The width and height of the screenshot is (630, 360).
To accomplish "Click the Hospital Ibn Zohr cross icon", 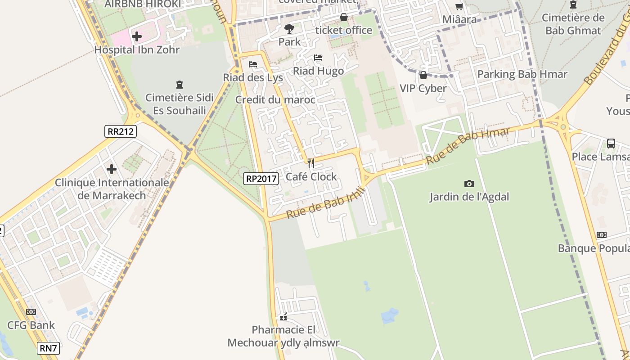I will click(x=137, y=36).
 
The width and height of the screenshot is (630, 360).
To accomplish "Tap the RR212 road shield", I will click(x=121, y=131).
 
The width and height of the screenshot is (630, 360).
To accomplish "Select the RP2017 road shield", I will click(x=261, y=179).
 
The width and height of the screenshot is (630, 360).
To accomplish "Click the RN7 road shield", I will click(x=48, y=348).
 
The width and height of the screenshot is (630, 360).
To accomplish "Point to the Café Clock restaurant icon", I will click(x=310, y=163).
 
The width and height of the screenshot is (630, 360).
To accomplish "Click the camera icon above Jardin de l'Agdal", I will click(x=469, y=184).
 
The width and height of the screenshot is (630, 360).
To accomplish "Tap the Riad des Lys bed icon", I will click(x=253, y=64).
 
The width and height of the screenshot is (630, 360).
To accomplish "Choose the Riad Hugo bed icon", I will click(x=318, y=58).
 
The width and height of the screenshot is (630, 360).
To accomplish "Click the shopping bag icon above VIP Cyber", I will click(x=423, y=75).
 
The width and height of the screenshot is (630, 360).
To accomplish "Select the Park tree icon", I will click(x=289, y=29).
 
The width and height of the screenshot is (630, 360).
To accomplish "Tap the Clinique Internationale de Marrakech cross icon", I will click(x=112, y=169).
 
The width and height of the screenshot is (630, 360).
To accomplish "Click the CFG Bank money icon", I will click(x=31, y=312).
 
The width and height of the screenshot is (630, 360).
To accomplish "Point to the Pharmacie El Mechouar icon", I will click(x=283, y=317).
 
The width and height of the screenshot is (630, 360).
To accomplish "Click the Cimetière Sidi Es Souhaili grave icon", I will click(x=179, y=84).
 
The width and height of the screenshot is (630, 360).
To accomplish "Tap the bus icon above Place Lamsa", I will click(x=611, y=144).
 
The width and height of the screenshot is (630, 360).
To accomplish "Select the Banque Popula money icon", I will click(x=601, y=235).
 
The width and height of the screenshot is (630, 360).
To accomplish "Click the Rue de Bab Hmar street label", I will click(x=468, y=145).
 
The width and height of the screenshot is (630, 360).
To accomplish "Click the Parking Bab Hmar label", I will click(x=522, y=74).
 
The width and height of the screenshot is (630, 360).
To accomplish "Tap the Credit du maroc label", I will click(x=275, y=100).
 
